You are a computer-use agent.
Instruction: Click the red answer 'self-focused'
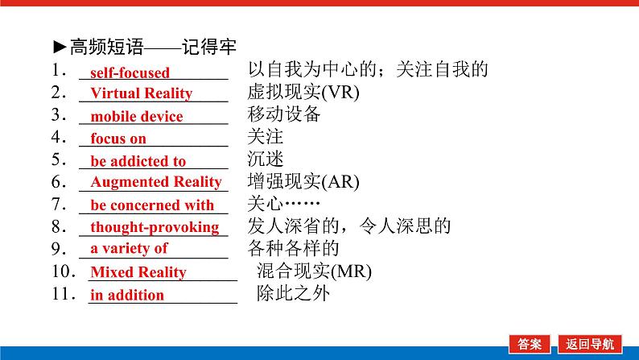[130, 72]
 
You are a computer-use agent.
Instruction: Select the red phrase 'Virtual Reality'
[141, 93]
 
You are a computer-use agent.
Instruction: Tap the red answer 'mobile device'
[136, 116]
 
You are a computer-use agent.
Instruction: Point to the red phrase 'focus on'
[118, 139]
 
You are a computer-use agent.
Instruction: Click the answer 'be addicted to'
[138, 161]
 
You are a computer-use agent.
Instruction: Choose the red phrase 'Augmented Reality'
[155, 182]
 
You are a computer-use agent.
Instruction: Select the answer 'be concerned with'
[152, 205]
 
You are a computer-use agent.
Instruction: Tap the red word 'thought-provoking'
[155, 227]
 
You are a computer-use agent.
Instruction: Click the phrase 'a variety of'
[129, 249]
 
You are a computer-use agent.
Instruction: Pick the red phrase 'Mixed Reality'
[138, 272]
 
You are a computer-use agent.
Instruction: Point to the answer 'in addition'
[126, 295]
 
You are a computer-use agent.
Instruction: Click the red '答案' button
[530, 343]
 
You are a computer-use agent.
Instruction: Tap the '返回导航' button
[589, 343]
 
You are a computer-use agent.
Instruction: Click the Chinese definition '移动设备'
[284, 114]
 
